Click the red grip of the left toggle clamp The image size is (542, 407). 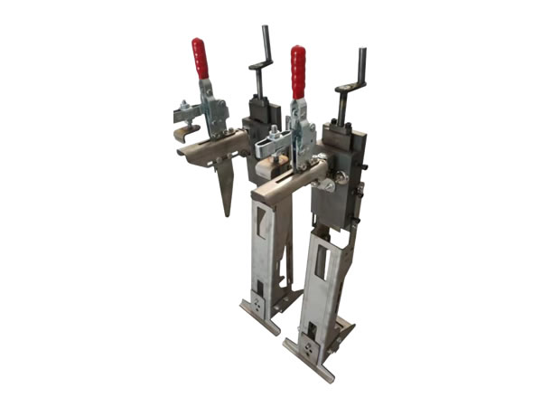200,59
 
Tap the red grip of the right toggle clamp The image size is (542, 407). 298,71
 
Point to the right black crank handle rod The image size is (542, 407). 362,65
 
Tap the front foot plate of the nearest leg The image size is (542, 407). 307,358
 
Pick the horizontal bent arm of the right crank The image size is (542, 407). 350,88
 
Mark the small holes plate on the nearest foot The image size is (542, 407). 312,348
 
